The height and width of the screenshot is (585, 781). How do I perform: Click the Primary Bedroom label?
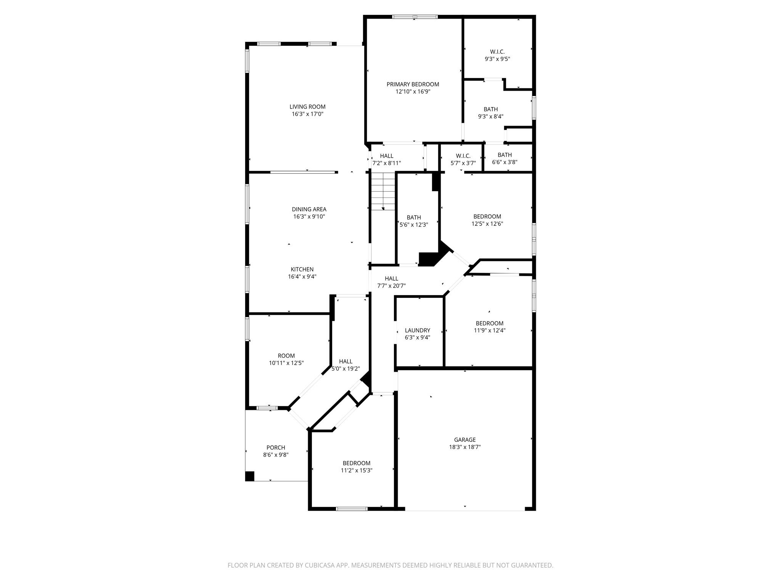(x=413, y=84)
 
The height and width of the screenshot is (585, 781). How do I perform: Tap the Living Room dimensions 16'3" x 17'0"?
(x=307, y=114)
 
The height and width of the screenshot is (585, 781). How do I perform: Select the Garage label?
(x=464, y=440)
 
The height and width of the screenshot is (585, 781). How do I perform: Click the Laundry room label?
(x=417, y=330)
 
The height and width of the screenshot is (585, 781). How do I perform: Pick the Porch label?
(x=275, y=448)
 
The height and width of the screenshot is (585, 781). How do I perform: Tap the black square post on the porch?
(x=249, y=476)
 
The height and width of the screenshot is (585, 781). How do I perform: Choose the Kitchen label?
(x=302, y=269)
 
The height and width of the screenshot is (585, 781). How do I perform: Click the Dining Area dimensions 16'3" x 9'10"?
(x=309, y=216)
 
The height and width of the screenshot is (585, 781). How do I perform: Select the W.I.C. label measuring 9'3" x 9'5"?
(x=497, y=52)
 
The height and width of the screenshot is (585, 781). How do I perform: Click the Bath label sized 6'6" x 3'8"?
(x=504, y=155)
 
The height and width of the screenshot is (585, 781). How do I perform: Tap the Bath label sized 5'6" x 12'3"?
(x=413, y=217)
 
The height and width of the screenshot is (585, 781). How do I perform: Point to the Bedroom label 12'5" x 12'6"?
(x=487, y=216)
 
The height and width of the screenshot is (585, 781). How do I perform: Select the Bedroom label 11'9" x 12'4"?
(x=489, y=323)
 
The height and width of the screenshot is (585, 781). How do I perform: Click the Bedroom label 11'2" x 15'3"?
(x=356, y=463)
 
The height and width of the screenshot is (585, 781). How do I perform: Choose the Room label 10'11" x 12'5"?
(x=286, y=356)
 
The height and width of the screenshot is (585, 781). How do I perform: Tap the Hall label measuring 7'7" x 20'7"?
(x=391, y=278)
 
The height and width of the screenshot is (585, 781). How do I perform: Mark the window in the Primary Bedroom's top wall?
(x=415, y=17)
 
